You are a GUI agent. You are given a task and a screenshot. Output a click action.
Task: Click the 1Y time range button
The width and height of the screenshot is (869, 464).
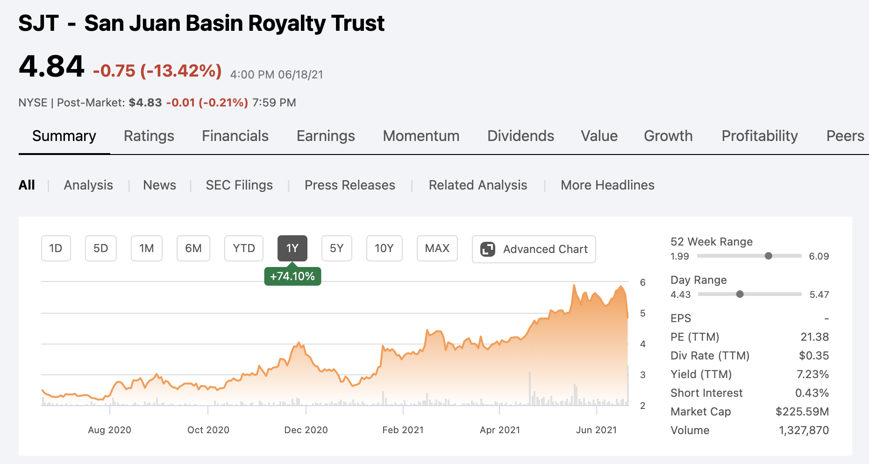pyautogui.click(x=292, y=248)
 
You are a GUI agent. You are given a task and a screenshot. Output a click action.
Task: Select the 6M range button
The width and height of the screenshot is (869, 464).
pyautogui.click(x=193, y=248)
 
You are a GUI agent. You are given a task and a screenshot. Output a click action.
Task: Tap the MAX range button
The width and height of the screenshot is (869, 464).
pyautogui.click(x=437, y=248)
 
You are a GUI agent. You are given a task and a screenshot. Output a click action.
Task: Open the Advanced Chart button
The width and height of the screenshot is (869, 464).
pyautogui.click(x=534, y=249)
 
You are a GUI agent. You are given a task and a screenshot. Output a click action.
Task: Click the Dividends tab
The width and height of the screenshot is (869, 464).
pyautogui.click(x=520, y=136)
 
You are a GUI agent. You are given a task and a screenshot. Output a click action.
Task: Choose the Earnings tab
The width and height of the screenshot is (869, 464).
pyautogui.click(x=326, y=136)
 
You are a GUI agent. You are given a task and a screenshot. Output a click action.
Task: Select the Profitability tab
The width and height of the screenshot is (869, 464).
pyautogui.click(x=760, y=136)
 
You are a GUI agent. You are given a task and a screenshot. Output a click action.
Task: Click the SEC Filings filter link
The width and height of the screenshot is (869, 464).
pyautogui.click(x=239, y=185)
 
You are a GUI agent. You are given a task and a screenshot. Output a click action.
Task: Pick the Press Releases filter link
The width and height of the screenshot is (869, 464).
pyautogui.click(x=349, y=185)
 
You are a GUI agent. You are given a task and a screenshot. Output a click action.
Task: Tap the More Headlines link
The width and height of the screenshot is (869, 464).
pyautogui.click(x=607, y=185)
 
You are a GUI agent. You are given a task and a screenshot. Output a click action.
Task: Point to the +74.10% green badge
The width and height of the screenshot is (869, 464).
pyautogui.click(x=292, y=276)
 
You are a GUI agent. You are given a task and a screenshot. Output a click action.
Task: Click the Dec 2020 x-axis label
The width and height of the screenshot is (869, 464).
pyautogui.click(x=306, y=430)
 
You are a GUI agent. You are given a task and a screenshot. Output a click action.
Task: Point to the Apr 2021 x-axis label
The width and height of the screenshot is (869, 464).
pyautogui.click(x=500, y=430)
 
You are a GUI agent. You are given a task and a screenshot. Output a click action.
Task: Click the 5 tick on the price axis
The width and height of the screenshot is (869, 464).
pyautogui.click(x=643, y=313)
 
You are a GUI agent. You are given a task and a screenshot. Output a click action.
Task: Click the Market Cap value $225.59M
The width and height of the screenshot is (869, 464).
pyautogui.click(x=802, y=412)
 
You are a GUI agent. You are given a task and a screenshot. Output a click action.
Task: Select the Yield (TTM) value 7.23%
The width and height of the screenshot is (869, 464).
pyautogui.click(x=812, y=374)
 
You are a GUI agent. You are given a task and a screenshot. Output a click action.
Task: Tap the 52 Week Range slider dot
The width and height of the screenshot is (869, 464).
pyautogui.click(x=769, y=256)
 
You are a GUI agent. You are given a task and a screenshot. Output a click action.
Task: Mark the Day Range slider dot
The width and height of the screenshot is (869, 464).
pyautogui.click(x=740, y=294)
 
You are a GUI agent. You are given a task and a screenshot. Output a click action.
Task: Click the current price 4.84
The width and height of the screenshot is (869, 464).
pyautogui.click(x=51, y=66)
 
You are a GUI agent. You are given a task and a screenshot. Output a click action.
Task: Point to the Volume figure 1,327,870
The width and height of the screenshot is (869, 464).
pyautogui.click(x=804, y=430)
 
